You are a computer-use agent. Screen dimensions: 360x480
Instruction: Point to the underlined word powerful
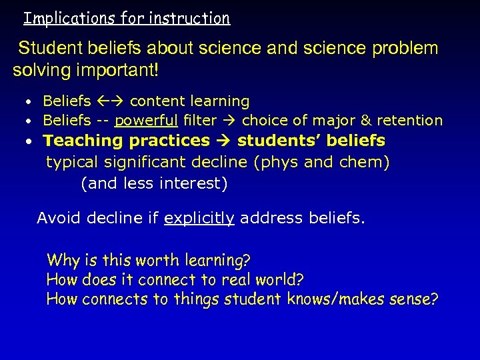click(146, 121)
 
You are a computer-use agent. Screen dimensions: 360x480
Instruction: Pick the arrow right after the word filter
click(231, 121)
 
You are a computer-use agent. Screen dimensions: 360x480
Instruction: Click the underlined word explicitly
click(199, 218)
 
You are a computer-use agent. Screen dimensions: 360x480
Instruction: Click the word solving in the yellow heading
click(39, 69)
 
